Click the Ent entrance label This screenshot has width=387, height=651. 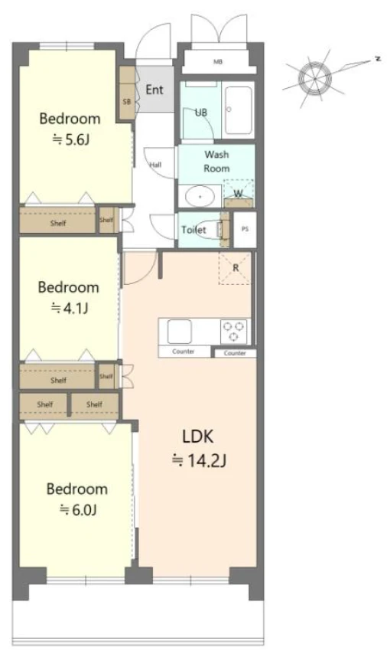[154, 90]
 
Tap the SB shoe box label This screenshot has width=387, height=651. [126, 101]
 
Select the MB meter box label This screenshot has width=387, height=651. [218, 62]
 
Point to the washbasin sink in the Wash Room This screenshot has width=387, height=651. [200, 196]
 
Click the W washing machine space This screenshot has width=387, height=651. [238, 193]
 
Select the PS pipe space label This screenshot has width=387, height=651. [246, 229]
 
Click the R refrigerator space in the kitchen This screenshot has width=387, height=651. [236, 268]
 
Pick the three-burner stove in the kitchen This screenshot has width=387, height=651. [235, 332]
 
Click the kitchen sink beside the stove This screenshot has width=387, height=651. [179, 332]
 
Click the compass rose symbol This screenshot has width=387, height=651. [316, 78]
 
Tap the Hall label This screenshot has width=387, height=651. [155, 165]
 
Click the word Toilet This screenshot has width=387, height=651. [193, 230]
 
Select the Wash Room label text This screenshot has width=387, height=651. [216, 162]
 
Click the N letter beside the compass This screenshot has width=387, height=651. [378, 59]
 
